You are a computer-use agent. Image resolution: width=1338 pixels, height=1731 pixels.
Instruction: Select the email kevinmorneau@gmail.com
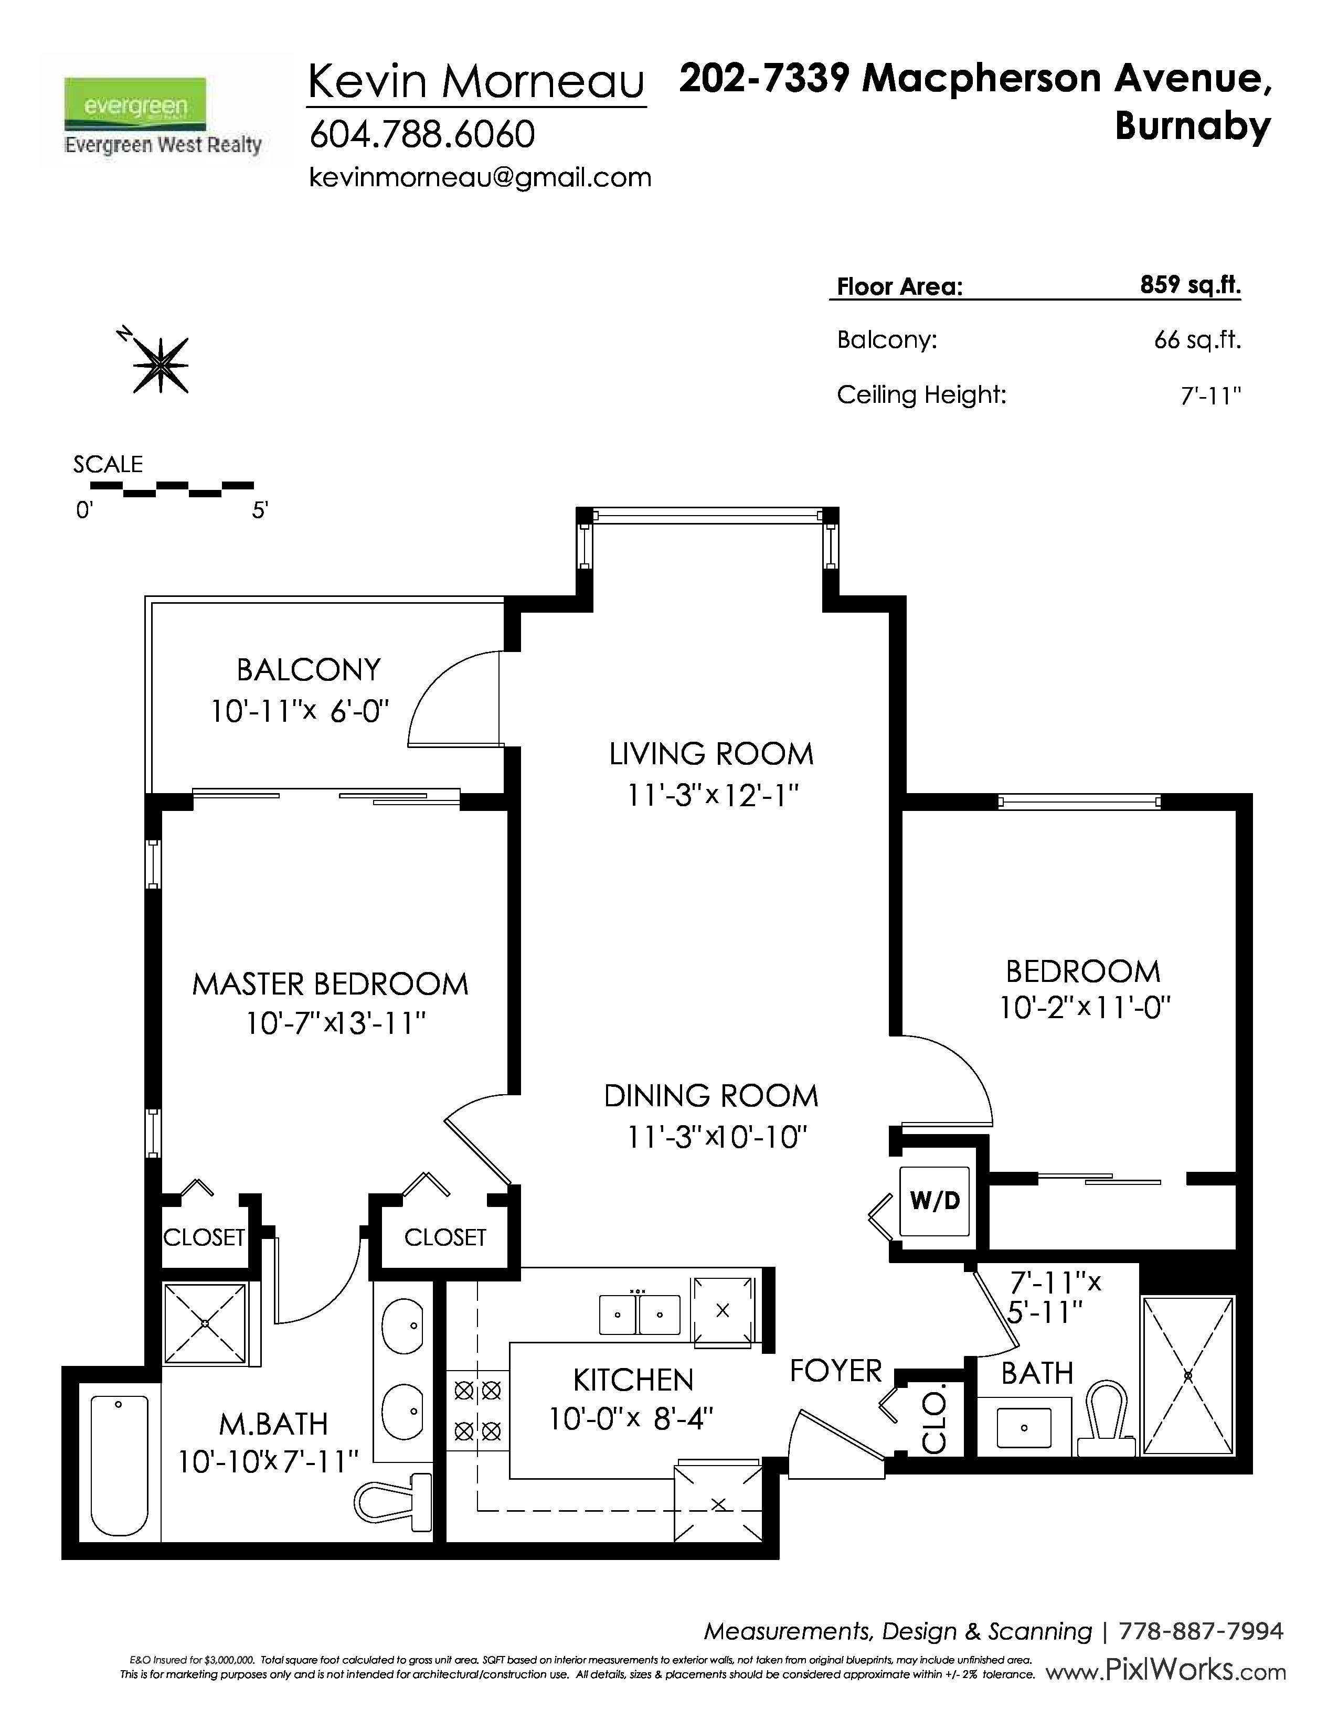tap(480, 177)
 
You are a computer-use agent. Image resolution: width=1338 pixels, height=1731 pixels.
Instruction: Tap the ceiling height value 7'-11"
tap(1210, 394)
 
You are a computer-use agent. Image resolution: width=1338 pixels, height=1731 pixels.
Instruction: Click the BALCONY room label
tap(309, 670)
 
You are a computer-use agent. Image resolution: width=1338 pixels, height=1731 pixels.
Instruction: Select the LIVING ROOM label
tap(711, 754)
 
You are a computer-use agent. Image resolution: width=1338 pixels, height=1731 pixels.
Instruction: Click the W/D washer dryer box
tap(935, 1201)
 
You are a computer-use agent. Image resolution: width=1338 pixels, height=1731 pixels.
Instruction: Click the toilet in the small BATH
tap(1107, 1418)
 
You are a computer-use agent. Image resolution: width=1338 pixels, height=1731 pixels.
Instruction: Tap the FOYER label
tap(835, 1370)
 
